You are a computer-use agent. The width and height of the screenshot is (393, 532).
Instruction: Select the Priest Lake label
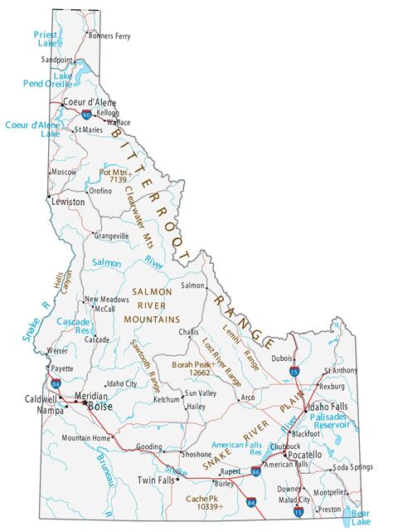point(45,39)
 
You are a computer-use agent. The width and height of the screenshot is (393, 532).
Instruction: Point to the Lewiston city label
point(68,202)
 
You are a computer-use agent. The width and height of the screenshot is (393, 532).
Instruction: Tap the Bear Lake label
point(360,518)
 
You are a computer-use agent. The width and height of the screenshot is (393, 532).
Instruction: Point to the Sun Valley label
point(201,393)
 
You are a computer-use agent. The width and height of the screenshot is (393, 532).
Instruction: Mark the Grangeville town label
point(112,236)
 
